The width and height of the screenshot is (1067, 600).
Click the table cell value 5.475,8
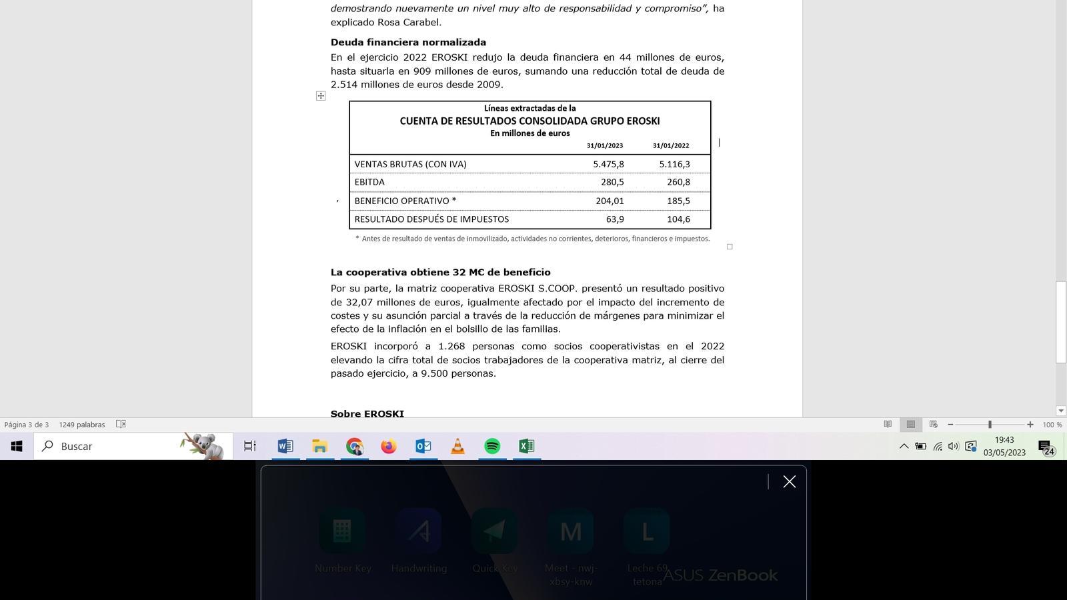(x=608, y=164)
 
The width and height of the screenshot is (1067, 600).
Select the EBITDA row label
(x=369, y=182)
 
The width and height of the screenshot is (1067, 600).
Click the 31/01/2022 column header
(x=671, y=145)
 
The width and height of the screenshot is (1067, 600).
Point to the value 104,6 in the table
(x=678, y=219)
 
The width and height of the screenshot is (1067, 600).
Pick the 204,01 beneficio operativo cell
(x=610, y=201)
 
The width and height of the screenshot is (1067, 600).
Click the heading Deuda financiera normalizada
(x=408, y=42)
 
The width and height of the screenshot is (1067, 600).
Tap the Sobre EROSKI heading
(x=367, y=414)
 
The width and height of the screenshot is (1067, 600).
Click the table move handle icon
(x=321, y=96)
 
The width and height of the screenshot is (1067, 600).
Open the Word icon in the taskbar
(x=285, y=446)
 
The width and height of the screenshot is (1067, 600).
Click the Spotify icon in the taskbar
(x=492, y=446)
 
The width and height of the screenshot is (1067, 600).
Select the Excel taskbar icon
(x=526, y=446)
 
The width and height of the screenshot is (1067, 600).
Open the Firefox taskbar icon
(x=388, y=446)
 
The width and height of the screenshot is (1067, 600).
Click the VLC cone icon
(x=457, y=446)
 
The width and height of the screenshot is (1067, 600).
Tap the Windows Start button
(x=17, y=446)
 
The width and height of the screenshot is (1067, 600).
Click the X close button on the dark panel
(x=790, y=481)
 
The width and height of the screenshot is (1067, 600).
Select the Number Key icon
(x=342, y=531)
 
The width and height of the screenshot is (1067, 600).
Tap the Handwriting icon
(x=419, y=531)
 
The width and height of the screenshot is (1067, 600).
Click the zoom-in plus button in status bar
(x=1030, y=425)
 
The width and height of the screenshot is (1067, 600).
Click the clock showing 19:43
(x=1004, y=440)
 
